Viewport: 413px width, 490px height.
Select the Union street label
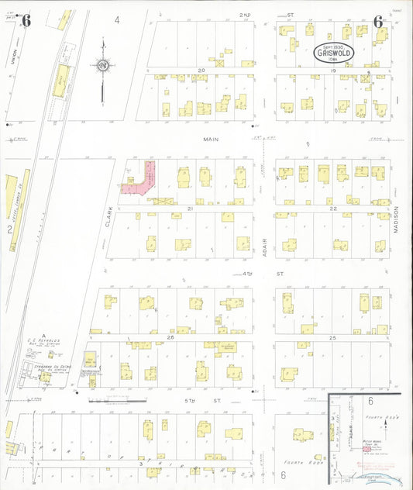(14, 57)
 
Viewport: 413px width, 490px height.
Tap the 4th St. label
(249, 274)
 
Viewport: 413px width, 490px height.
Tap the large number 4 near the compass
(117, 19)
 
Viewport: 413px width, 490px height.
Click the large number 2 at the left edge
(9, 230)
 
